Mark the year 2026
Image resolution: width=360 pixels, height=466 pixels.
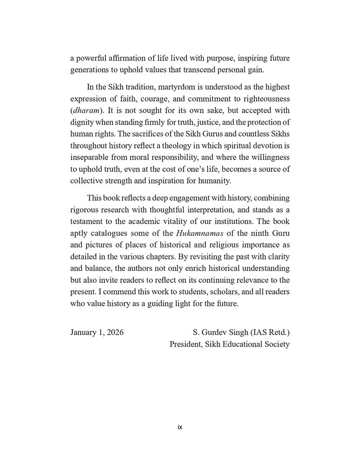[x=115, y=333]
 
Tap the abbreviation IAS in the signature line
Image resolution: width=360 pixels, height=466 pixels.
[x=259, y=333]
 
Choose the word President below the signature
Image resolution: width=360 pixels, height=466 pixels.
[x=186, y=345]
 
